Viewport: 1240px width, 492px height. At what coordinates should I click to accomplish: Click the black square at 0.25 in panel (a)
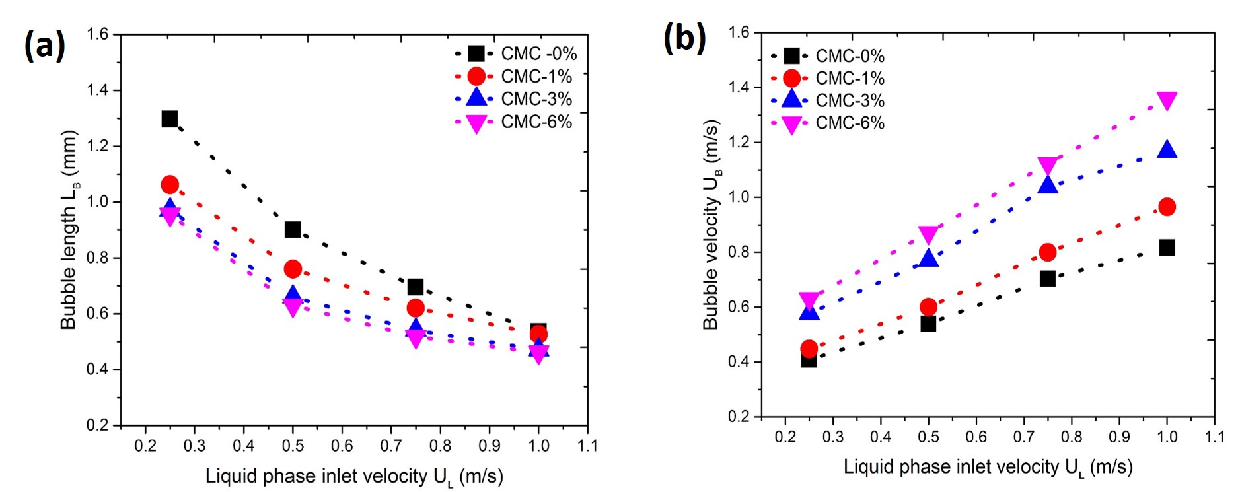[x=170, y=119]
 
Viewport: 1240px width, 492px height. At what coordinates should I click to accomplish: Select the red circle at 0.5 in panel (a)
[x=293, y=269]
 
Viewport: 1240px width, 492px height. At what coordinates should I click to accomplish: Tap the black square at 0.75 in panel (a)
[x=416, y=287]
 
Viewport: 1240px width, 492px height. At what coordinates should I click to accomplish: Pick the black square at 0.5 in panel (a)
[x=293, y=230]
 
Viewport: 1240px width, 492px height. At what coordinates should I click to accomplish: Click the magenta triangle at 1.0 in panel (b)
[x=1167, y=101]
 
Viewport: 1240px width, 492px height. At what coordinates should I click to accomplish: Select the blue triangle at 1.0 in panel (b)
[x=1167, y=150]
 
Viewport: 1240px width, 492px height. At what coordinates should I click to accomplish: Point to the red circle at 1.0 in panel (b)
[x=1167, y=207]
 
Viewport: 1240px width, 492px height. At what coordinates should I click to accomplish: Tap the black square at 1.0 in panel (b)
[x=1167, y=248]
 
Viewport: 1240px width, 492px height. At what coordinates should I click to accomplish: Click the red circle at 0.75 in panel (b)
[x=1048, y=252]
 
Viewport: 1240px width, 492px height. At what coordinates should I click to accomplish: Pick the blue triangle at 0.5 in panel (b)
[x=928, y=258]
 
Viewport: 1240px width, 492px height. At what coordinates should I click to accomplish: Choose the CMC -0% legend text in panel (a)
[x=538, y=53]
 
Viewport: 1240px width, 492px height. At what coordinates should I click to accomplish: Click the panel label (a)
[x=44, y=46]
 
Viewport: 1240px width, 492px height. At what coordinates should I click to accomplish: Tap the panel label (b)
[x=684, y=38]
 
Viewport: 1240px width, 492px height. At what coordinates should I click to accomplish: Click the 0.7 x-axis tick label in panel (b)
[x=1023, y=437]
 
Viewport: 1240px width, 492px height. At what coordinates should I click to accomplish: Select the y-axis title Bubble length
[x=69, y=229]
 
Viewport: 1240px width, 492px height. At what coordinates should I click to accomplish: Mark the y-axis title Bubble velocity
[x=711, y=225]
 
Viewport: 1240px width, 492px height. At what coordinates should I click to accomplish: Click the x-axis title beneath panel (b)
[x=988, y=468]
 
